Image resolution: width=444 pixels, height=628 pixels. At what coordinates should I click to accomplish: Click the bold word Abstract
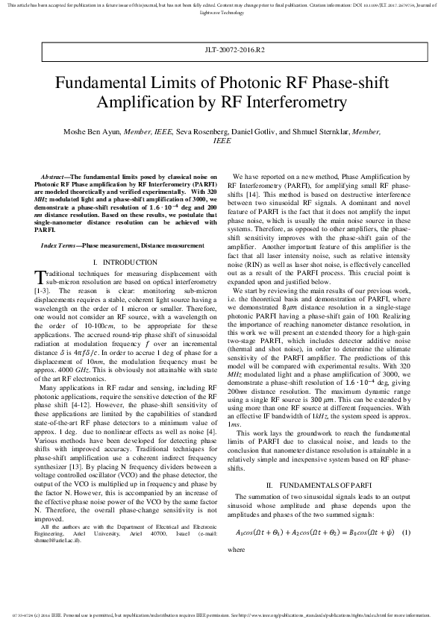click(56, 177)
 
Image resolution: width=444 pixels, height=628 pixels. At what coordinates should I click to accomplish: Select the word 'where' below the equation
click(235, 549)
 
